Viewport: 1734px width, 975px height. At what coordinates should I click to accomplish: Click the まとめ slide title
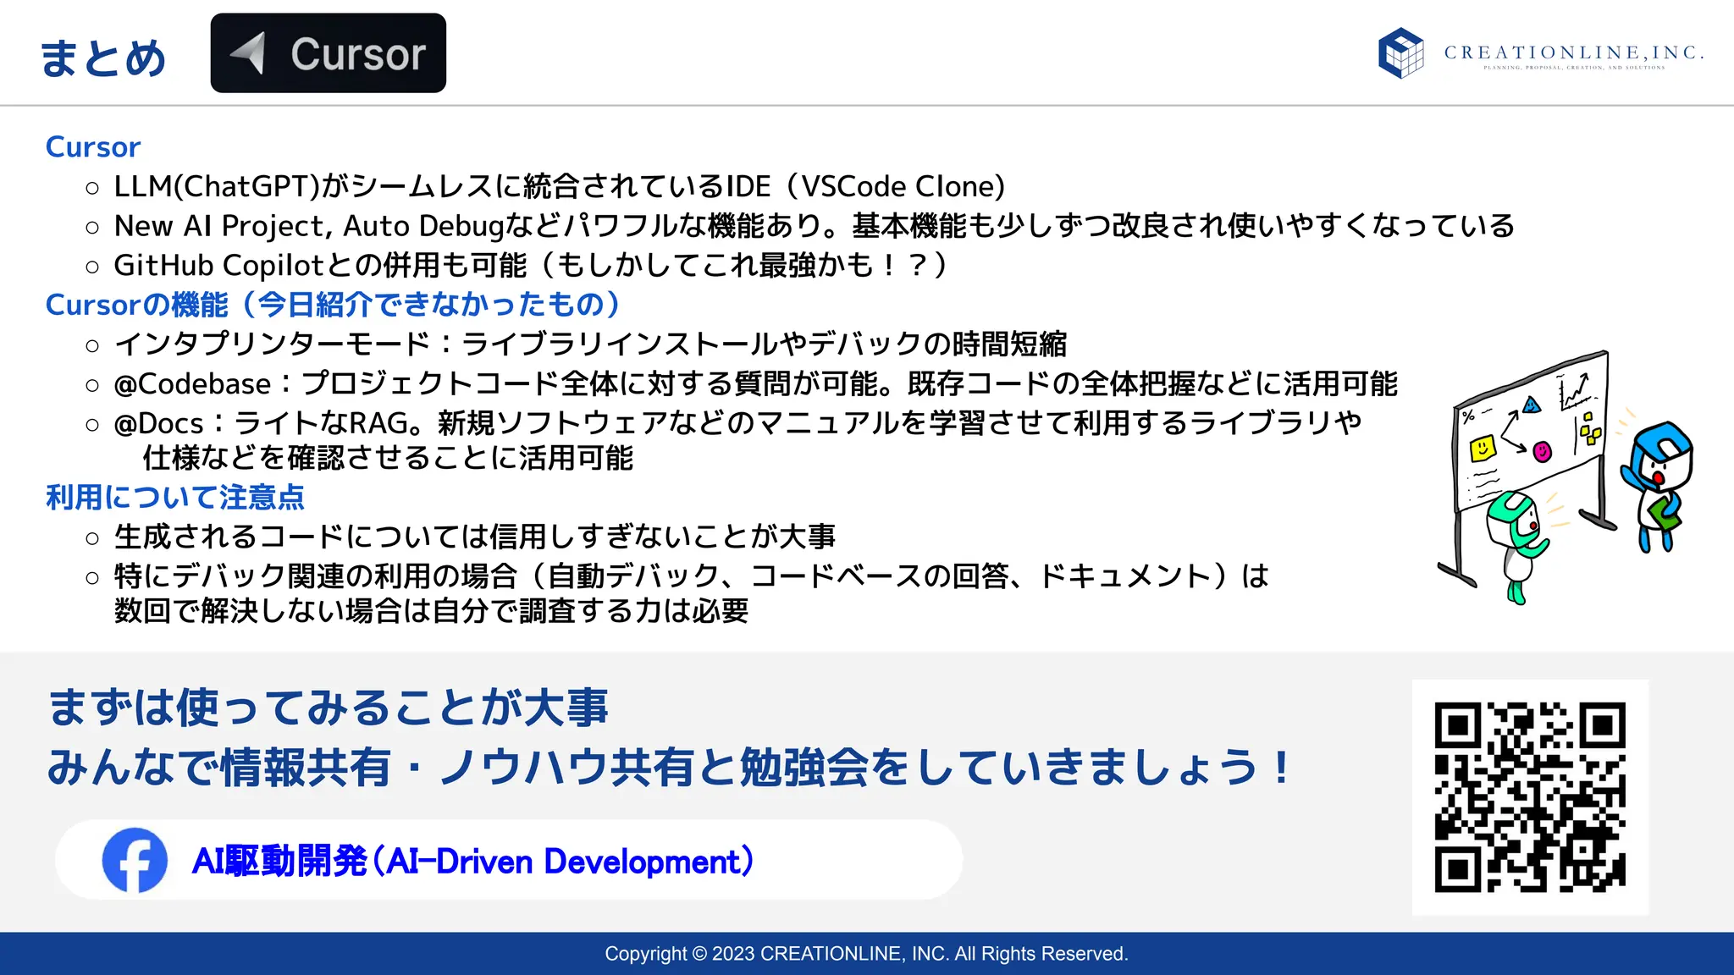pos(102,58)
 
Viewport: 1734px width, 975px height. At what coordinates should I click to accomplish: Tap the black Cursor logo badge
pos(328,53)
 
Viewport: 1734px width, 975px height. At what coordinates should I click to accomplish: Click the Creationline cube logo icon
pos(1400,52)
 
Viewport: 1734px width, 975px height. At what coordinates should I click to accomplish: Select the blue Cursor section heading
pos(92,147)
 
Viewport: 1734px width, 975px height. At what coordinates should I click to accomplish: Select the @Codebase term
pos(192,384)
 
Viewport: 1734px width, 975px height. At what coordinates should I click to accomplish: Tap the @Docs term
pos(159,423)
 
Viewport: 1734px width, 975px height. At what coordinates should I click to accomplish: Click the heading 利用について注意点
pos(174,497)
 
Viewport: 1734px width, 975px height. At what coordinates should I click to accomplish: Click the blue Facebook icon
pos(135,860)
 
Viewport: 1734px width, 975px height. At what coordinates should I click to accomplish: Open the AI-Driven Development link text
pos(472,862)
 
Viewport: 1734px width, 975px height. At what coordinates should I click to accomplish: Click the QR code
pos(1530,796)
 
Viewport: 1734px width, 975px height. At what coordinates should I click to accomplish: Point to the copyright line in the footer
pos(866,954)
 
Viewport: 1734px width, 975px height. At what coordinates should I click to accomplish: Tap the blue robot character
pos(1658,482)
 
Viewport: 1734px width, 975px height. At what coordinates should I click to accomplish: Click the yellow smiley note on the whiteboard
pos(1482,448)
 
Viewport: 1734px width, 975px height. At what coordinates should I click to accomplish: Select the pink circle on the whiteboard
pos(1543,452)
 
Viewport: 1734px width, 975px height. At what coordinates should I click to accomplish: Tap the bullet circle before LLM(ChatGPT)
pos(92,188)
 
